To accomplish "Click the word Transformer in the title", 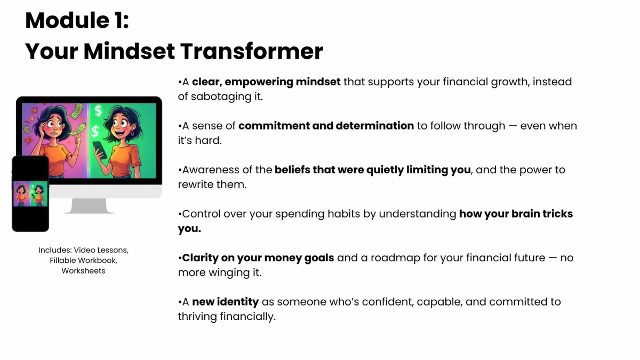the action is pyautogui.click(x=252, y=51).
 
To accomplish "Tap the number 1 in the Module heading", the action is pyautogui.click(x=118, y=21).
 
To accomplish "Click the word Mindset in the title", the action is pyautogui.click(x=129, y=51).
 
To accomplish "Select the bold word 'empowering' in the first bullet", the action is pyautogui.click(x=259, y=82).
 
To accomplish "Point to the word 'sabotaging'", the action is pyautogui.click(x=221, y=97).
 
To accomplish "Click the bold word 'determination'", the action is pyautogui.click(x=375, y=126).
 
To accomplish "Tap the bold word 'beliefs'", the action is pyautogui.click(x=292, y=170).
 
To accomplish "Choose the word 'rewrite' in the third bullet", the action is pyautogui.click(x=196, y=185).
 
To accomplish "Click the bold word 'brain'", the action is pyautogui.click(x=525, y=214).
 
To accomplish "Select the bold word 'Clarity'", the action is pyautogui.click(x=201, y=258).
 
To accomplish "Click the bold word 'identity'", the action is pyautogui.click(x=238, y=302).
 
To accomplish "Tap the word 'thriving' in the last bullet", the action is pyautogui.click(x=197, y=317).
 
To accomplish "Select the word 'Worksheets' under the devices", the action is pyautogui.click(x=83, y=271).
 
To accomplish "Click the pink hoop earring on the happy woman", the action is pyautogui.click(x=132, y=133).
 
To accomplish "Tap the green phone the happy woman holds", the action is pyautogui.click(x=100, y=149).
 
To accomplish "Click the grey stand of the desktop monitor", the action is pyautogui.click(x=89, y=206).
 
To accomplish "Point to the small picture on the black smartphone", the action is pyautogui.click(x=30, y=194).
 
